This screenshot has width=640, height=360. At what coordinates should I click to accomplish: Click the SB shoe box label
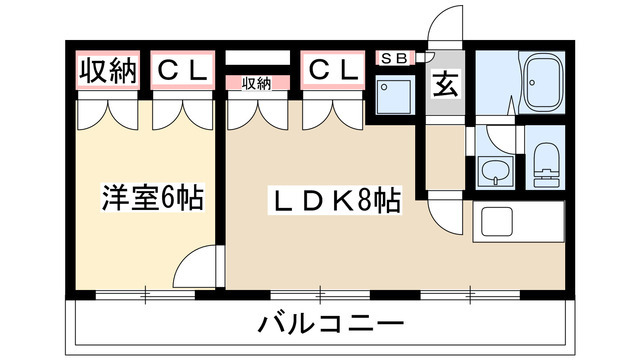pos(392,57)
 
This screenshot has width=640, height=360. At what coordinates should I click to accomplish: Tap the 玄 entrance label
pos(444,85)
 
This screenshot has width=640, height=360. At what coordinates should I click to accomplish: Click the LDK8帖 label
pos(336,203)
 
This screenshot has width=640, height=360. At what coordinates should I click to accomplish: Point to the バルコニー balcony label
pos(330,324)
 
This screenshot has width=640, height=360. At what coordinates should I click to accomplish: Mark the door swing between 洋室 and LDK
pos(196,267)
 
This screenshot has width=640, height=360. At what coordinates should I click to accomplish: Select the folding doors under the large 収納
pos(106,114)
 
